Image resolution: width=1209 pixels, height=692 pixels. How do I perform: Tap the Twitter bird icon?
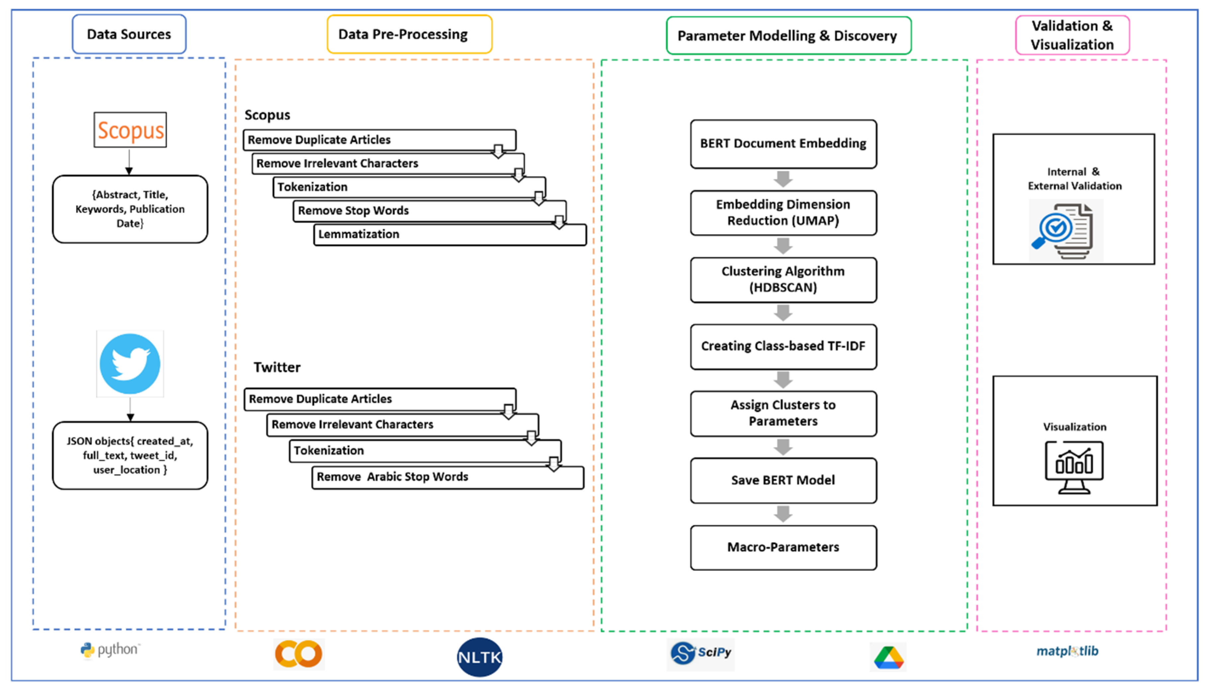(x=130, y=363)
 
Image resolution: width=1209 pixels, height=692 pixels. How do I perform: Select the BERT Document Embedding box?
(x=783, y=144)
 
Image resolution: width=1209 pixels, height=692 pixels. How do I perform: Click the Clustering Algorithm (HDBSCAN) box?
(x=783, y=279)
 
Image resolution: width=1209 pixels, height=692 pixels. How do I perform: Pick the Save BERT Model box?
(x=783, y=480)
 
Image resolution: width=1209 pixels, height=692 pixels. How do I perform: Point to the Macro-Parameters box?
(x=783, y=547)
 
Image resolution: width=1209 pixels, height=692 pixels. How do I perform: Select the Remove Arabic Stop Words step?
(x=447, y=477)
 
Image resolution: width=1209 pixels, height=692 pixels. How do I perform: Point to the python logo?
(x=110, y=650)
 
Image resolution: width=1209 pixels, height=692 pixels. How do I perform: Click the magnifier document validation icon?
(x=1065, y=231)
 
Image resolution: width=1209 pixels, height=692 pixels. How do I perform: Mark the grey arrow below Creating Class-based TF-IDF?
(x=783, y=380)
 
